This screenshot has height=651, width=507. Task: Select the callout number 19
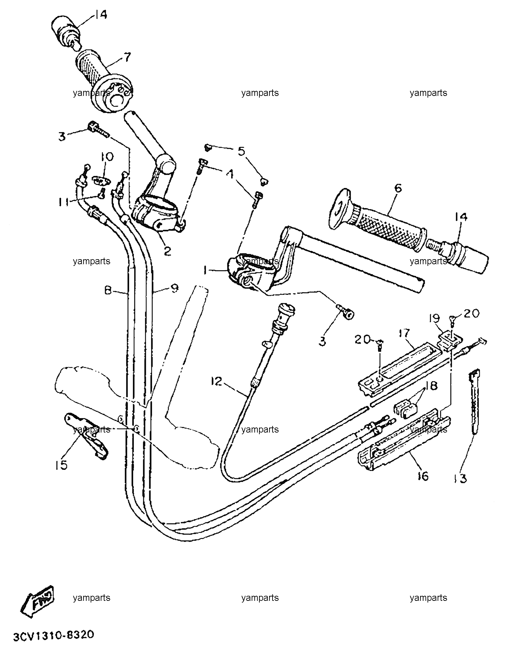point(435,318)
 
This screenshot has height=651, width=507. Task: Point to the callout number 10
point(107,157)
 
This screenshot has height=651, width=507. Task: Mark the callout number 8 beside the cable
point(108,290)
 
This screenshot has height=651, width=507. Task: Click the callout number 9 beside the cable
point(174,288)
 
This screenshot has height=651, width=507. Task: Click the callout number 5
point(242,151)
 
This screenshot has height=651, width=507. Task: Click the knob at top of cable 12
point(285,310)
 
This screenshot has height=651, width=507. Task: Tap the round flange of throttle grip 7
point(113,95)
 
